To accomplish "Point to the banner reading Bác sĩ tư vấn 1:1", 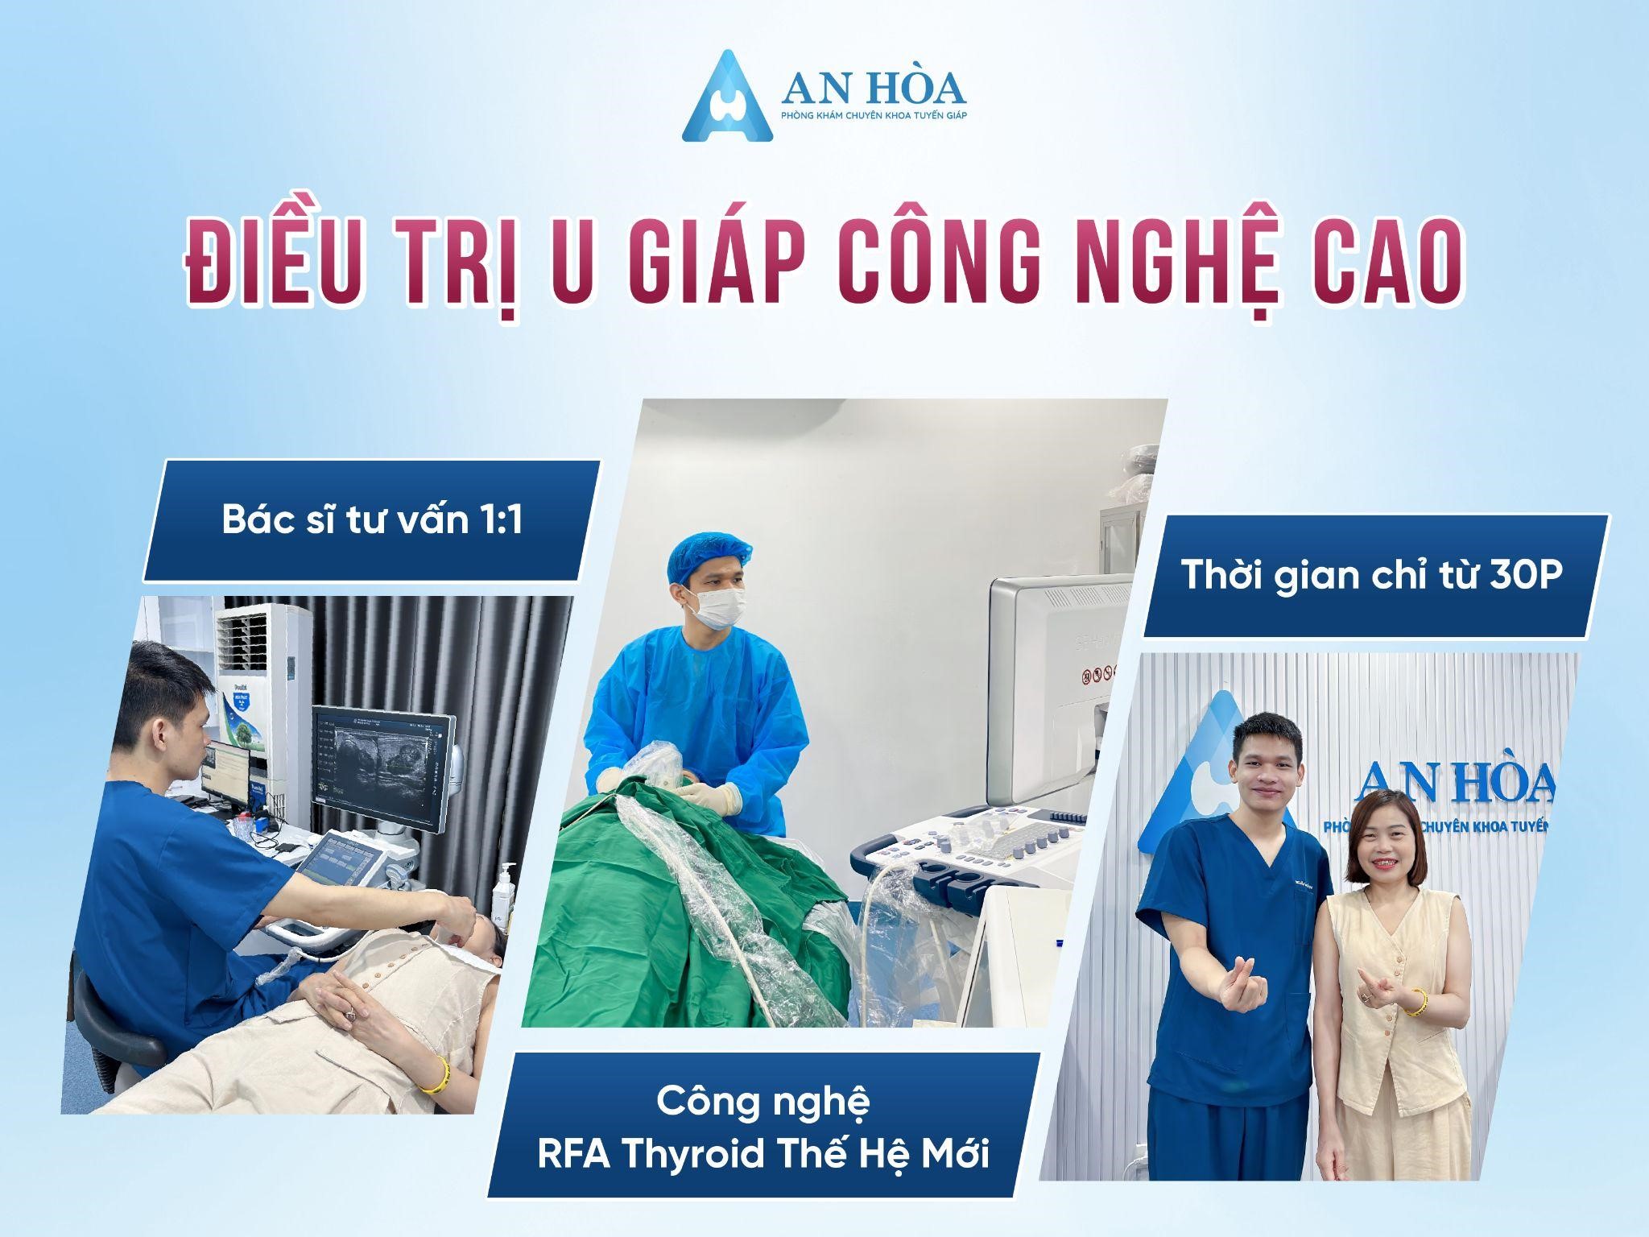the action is pos(372,520).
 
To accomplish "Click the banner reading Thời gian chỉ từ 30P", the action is pos(1376,576).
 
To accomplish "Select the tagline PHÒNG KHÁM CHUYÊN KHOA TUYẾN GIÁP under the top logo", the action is pos(874,117).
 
